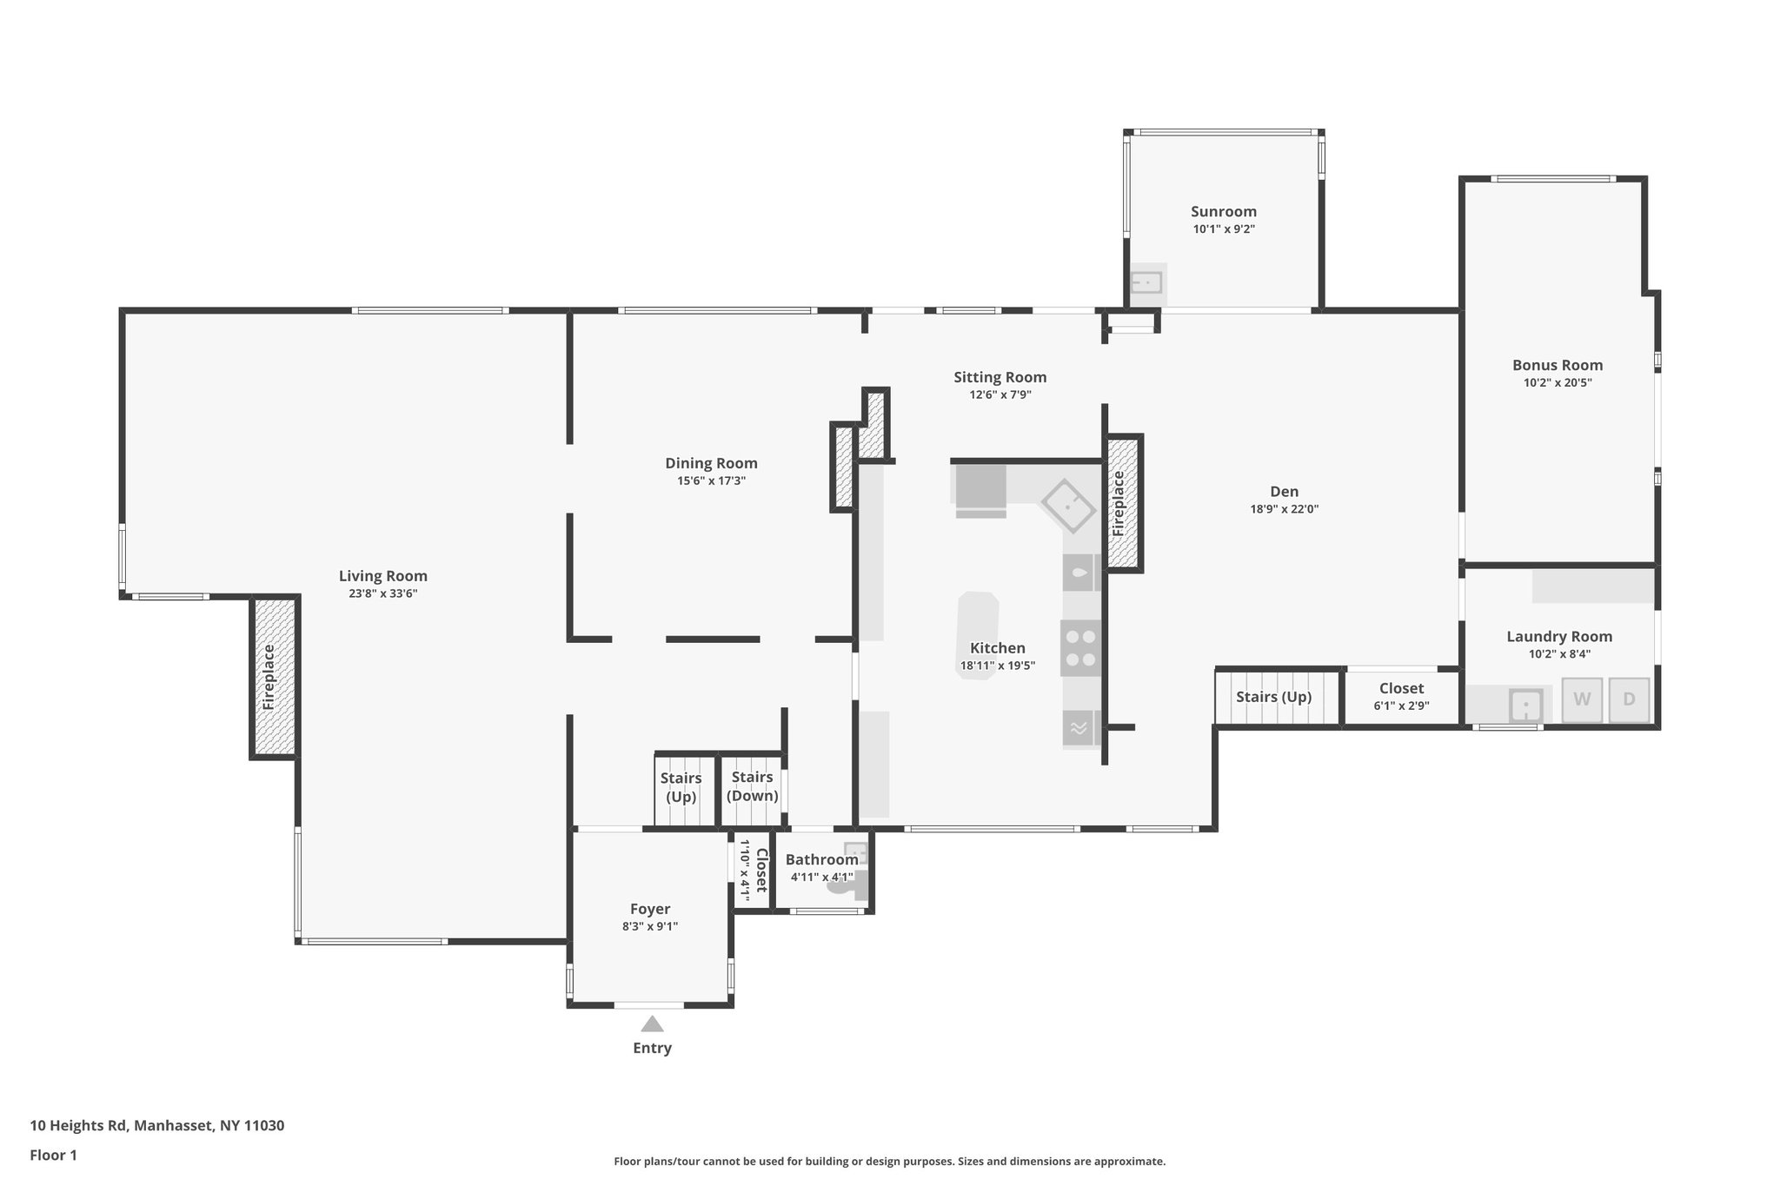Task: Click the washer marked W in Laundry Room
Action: pos(1582,699)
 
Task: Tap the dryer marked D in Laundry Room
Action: pos(1629,699)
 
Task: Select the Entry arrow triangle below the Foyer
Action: pos(652,1024)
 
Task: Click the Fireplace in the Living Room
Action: pos(274,677)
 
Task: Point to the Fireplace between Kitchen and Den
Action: pos(1122,503)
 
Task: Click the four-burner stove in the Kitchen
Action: pos(1080,648)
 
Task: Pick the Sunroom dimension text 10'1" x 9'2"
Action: pos(1224,229)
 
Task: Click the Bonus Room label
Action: pos(1557,365)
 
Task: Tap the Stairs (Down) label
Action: pos(752,786)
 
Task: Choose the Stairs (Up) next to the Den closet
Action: pos(1273,697)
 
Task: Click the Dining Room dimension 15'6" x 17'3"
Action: pos(711,480)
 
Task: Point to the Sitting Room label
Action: pos(1000,377)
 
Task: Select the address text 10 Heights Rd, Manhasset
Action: pos(156,1125)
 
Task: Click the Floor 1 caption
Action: pos(53,1155)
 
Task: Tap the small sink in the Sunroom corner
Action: pos(1147,283)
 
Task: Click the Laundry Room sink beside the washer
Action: pos(1525,705)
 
